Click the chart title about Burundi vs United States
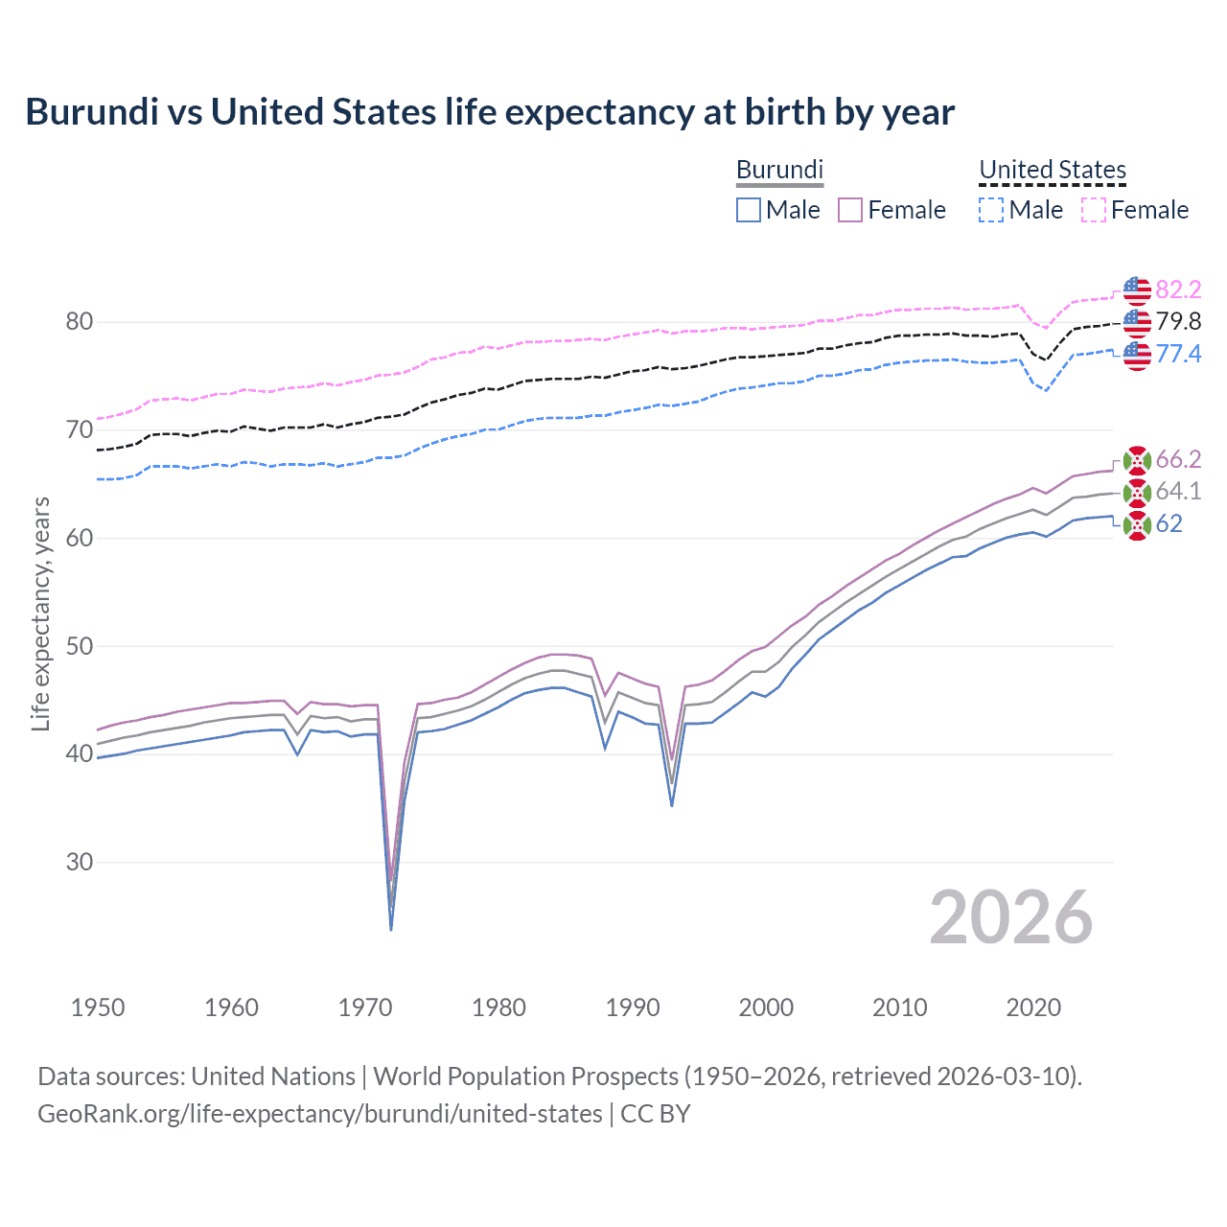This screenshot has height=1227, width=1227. pyautogui.click(x=490, y=112)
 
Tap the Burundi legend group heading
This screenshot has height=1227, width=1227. pyautogui.click(x=779, y=170)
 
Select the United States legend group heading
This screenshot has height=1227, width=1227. pyautogui.click(x=1052, y=170)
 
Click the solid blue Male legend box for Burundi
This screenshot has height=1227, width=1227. pyautogui.click(x=749, y=210)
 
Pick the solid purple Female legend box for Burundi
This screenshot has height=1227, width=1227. pyautogui.click(x=850, y=210)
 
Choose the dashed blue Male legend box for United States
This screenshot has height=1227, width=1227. pyautogui.click(x=991, y=210)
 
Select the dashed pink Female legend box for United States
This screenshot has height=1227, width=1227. pyautogui.click(x=1094, y=210)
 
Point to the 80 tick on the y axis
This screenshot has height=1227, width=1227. pyautogui.click(x=80, y=322)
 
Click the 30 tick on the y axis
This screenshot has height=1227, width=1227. pyautogui.click(x=80, y=862)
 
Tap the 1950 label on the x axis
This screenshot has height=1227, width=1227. pyautogui.click(x=98, y=1007)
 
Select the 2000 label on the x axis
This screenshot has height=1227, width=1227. pyautogui.click(x=766, y=1007)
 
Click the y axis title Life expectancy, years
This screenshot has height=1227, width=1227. pyautogui.click(x=40, y=613)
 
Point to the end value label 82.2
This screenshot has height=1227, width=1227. pyautogui.click(x=1178, y=289)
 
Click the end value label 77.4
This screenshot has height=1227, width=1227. pyautogui.click(x=1178, y=354)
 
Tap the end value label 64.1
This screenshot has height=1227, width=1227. pyautogui.click(x=1178, y=492)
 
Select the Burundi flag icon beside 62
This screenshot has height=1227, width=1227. pyautogui.click(x=1137, y=524)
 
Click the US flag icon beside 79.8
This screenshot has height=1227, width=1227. pyautogui.click(x=1137, y=322)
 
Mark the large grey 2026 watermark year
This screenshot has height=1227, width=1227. pyautogui.click(x=1010, y=917)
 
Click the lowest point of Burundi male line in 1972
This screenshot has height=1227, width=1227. pyautogui.click(x=391, y=929)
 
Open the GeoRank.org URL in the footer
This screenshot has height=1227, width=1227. pyautogui.click(x=320, y=1114)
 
